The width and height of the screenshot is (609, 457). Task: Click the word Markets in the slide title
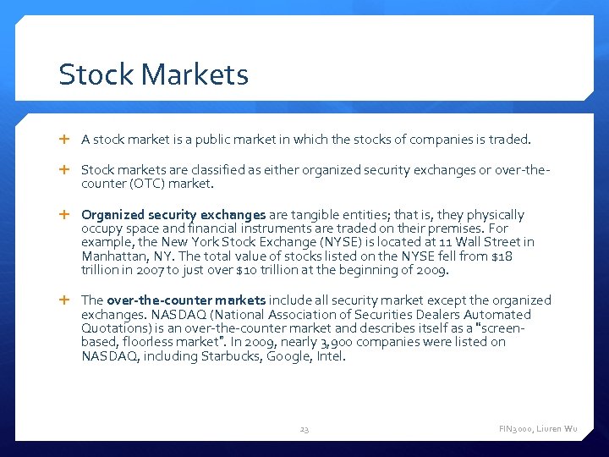tap(195, 74)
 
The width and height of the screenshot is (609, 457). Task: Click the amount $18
tap(499, 256)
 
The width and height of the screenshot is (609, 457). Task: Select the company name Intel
tap(332, 356)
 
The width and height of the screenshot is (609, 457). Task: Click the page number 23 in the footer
tap(304, 430)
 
